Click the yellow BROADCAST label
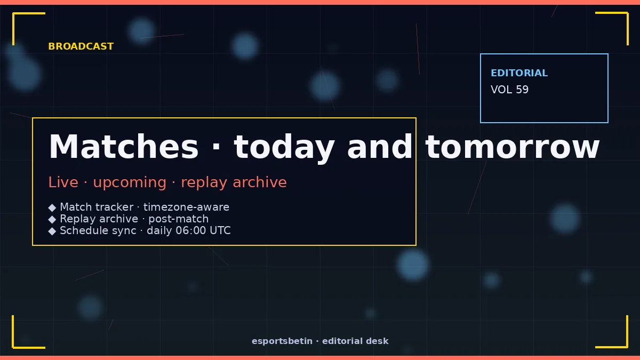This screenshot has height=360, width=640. pyautogui.click(x=81, y=46)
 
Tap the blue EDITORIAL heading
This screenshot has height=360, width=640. pyautogui.click(x=519, y=73)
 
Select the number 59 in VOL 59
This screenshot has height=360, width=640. pyautogui.click(x=522, y=90)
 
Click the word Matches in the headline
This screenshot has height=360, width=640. pyautogui.click(x=123, y=146)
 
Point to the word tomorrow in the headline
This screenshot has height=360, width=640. pyautogui.click(x=513, y=147)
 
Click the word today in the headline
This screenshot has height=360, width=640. pyautogui.click(x=284, y=148)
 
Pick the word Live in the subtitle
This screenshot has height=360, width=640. pyautogui.click(x=63, y=182)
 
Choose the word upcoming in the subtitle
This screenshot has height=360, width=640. pyautogui.click(x=130, y=183)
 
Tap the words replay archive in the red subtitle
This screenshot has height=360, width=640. pyautogui.click(x=234, y=183)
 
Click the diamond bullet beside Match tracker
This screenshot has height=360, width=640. pyautogui.click(x=52, y=207)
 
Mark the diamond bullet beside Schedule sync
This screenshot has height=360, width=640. pyautogui.click(x=52, y=231)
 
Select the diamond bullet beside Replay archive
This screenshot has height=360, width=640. pyautogui.click(x=52, y=219)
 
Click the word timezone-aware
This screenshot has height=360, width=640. pyautogui.click(x=186, y=207)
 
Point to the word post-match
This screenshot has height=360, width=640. pyautogui.click(x=179, y=219)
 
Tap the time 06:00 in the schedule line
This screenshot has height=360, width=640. pyautogui.click(x=190, y=230)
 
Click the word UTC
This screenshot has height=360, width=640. pyautogui.click(x=220, y=230)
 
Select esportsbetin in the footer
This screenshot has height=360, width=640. pyautogui.click(x=282, y=341)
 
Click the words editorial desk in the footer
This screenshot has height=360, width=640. pyautogui.click(x=355, y=341)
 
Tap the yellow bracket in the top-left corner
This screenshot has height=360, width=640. pyautogui.click(x=13, y=13)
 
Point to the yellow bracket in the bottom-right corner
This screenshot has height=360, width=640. pyautogui.click(x=627, y=347)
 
